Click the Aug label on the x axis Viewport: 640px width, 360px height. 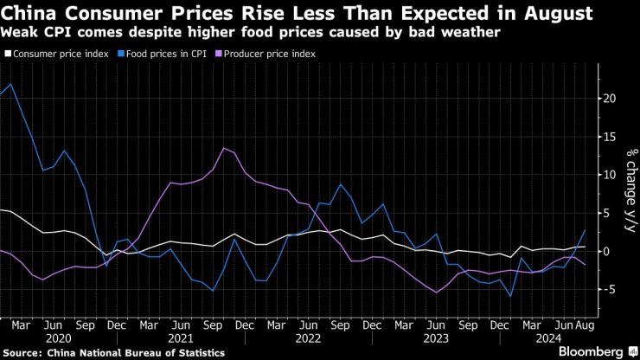[585, 325]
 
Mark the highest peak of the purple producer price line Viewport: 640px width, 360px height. [225, 148]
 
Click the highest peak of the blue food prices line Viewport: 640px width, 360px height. [10, 84]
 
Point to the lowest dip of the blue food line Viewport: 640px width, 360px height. [511, 297]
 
